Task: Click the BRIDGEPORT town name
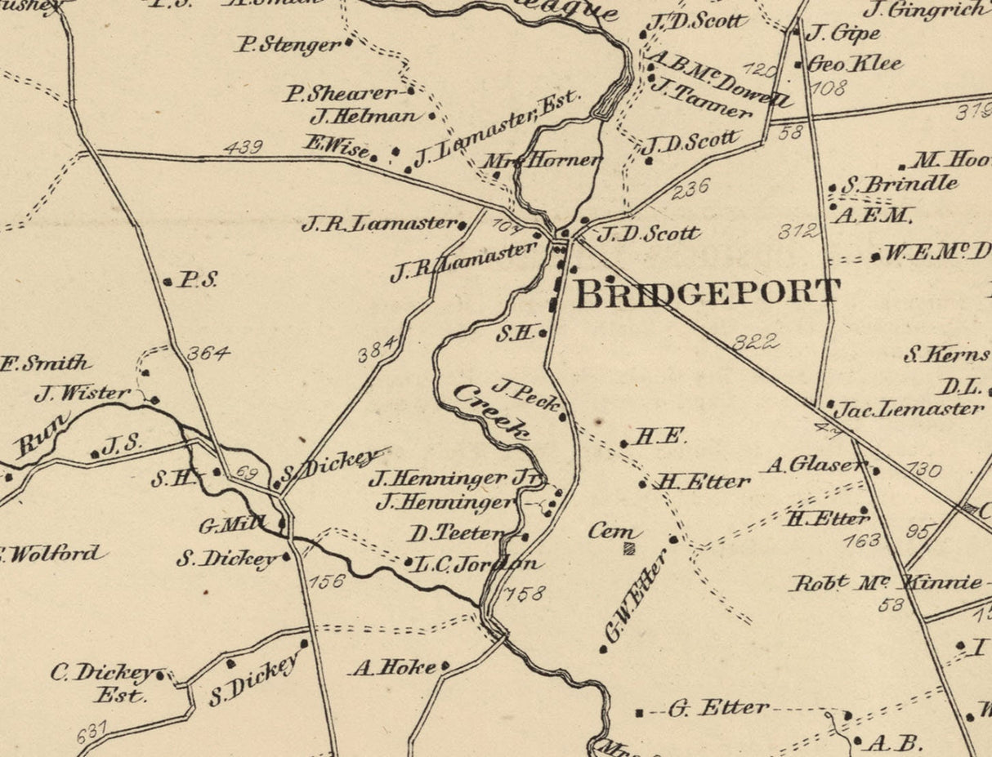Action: point(707,293)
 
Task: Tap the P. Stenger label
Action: point(288,44)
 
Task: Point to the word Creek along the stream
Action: point(491,412)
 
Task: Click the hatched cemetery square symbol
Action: point(628,549)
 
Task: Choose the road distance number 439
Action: point(243,147)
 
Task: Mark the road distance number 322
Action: point(755,341)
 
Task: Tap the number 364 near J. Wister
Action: point(208,354)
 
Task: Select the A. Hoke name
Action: point(395,668)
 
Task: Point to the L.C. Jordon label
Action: point(477,563)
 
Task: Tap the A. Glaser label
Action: point(814,465)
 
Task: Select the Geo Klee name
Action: point(855,64)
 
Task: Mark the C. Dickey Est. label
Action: point(105,683)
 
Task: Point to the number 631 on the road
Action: point(92,733)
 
